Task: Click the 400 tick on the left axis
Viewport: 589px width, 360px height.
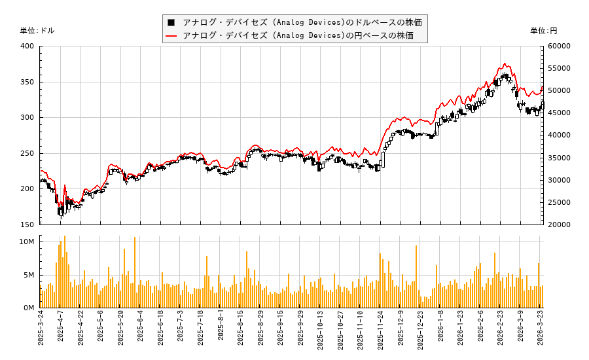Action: pos(27,46)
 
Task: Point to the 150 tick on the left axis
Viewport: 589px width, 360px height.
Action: pos(27,225)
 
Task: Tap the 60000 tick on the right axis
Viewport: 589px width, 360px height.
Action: pos(559,46)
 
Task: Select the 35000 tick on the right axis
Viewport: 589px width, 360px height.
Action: pos(559,158)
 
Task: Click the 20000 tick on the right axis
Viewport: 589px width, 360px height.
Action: pos(559,225)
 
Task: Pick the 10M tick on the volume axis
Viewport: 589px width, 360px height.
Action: pos(27,242)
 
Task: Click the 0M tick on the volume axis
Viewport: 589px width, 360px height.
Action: pos(29,308)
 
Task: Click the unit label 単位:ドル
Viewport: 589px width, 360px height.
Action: pos(37,31)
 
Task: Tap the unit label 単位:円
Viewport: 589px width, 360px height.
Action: pos(543,31)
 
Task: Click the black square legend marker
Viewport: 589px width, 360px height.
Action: pos(171,22)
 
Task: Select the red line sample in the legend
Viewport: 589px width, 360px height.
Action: pos(171,35)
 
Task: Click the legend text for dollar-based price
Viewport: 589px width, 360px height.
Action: pos(302,22)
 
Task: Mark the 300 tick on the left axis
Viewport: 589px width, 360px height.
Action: pos(27,117)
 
